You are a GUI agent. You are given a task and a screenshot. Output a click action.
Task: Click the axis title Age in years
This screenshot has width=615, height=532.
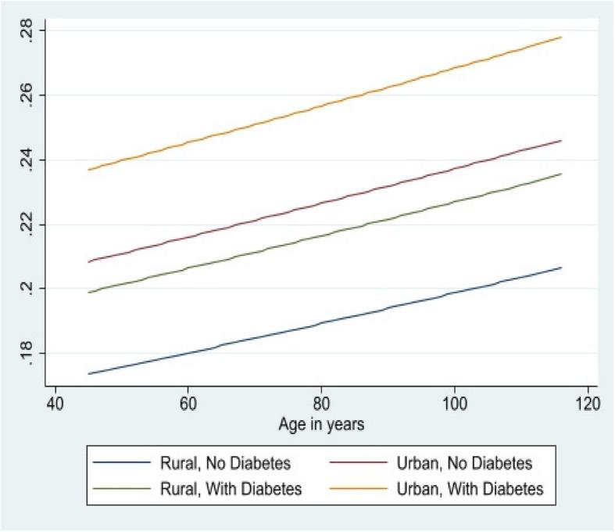[x=320, y=425]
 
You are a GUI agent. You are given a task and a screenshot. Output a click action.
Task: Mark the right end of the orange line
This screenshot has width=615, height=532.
[x=561, y=37]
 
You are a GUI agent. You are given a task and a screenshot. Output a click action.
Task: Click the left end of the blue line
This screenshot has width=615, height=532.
[x=88, y=374]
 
